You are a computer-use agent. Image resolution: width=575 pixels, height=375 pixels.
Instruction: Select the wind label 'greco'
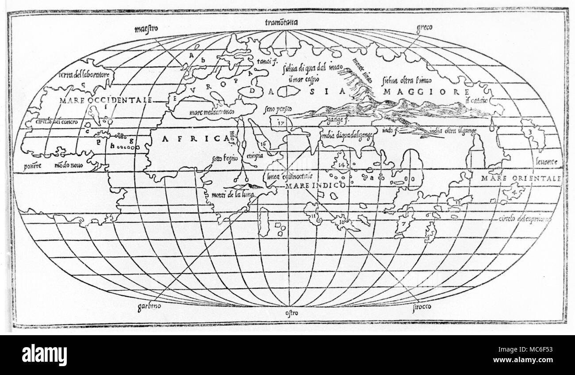424,27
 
